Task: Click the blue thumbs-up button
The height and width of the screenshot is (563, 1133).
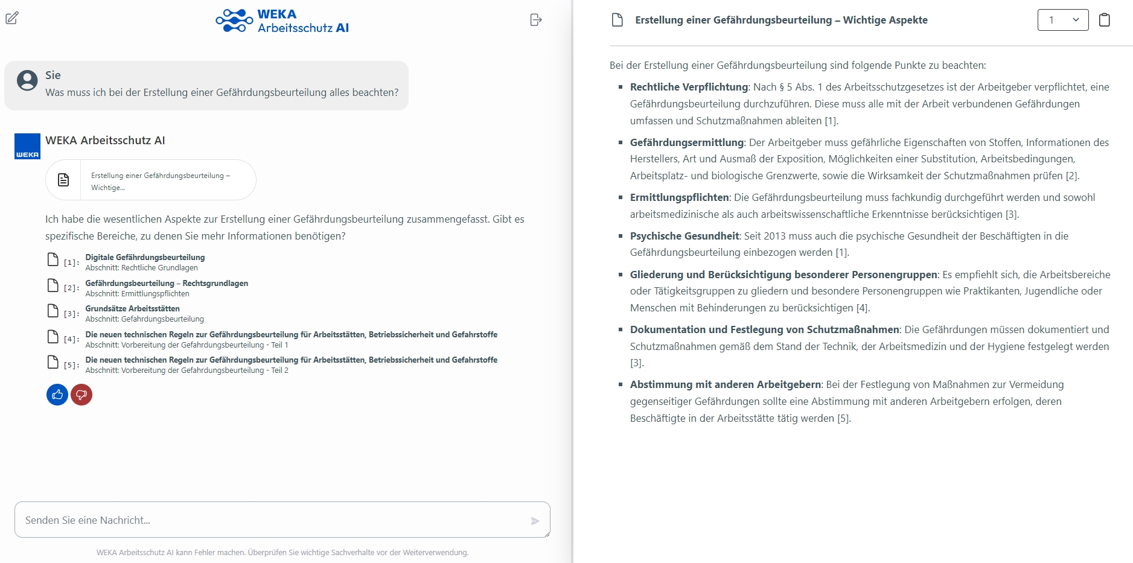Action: tap(57, 395)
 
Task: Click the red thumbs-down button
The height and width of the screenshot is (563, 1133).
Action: tap(81, 395)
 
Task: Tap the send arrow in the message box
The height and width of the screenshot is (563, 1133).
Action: tap(535, 521)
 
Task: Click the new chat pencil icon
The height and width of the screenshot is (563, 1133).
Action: tap(12, 18)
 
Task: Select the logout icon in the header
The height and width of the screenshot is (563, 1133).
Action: tap(535, 20)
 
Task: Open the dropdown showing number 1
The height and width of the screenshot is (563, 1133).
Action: tap(1062, 20)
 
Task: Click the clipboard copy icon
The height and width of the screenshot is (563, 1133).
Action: tap(1104, 20)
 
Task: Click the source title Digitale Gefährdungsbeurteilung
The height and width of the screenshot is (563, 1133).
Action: tap(145, 258)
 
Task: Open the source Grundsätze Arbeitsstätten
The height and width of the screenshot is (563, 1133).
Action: tap(132, 309)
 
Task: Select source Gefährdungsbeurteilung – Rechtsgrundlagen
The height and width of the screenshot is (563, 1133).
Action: tap(167, 284)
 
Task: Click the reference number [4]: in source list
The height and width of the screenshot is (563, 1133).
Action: tap(71, 339)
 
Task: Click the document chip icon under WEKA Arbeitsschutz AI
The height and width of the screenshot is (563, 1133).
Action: tap(63, 180)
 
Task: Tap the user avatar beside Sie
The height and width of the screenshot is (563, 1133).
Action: tap(27, 80)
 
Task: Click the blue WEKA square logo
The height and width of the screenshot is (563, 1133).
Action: tap(27, 146)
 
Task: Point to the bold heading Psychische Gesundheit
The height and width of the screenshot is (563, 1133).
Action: tap(685, 236)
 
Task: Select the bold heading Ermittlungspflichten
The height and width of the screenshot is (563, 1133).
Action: tap(679, 197)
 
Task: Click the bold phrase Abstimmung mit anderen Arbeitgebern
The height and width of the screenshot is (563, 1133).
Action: tap(726, 384)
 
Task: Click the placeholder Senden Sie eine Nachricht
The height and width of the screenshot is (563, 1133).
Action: tap(88, 520)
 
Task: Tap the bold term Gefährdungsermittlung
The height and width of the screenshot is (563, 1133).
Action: tap(686, 142)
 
